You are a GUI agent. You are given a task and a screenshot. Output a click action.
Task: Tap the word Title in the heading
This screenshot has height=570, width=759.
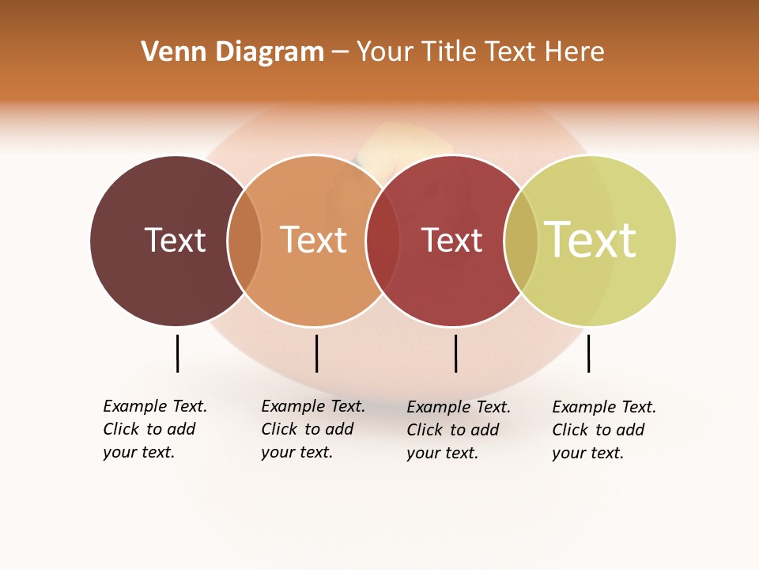(x=450, y=52)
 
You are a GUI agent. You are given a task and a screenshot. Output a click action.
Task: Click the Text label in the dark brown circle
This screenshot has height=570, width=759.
(x=175, y=240)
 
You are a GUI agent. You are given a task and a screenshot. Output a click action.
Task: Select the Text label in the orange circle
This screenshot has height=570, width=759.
(x=314, y=240)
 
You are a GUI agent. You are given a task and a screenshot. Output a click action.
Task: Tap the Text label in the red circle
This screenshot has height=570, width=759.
(x=451, y=240)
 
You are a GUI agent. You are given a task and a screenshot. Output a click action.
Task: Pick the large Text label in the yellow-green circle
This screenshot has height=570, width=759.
(x=591, y=240)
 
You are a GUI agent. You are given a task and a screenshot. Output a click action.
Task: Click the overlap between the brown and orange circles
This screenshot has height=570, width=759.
(x=244, y=241)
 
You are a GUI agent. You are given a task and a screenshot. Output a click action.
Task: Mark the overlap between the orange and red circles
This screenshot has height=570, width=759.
(x=383, y=241)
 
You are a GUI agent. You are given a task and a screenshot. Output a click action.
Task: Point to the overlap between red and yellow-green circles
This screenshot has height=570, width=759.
(x=521, y=241)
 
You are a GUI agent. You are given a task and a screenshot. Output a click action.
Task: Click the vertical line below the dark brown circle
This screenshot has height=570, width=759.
(x=177, y=353)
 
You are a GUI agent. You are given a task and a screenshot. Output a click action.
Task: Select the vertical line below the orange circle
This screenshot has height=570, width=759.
(x=316, y=353)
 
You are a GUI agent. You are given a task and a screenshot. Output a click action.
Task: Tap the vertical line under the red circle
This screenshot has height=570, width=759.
(x=455, y=353)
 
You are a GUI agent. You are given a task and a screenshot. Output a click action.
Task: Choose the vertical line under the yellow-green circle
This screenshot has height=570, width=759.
(x=588, y=353)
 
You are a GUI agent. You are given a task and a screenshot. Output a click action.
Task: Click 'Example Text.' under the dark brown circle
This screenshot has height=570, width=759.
(x=155, y=406)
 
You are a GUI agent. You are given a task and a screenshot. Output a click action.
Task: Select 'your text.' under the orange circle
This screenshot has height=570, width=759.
(x=296, y=452)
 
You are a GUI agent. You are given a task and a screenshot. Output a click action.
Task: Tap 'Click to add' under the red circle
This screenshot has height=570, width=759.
(x=453, y=430)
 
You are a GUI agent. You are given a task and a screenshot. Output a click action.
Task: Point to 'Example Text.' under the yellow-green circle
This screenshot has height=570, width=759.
(x=604, y=407)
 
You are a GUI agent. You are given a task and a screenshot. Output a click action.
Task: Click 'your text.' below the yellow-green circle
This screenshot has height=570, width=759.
(x=587, y=453)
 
